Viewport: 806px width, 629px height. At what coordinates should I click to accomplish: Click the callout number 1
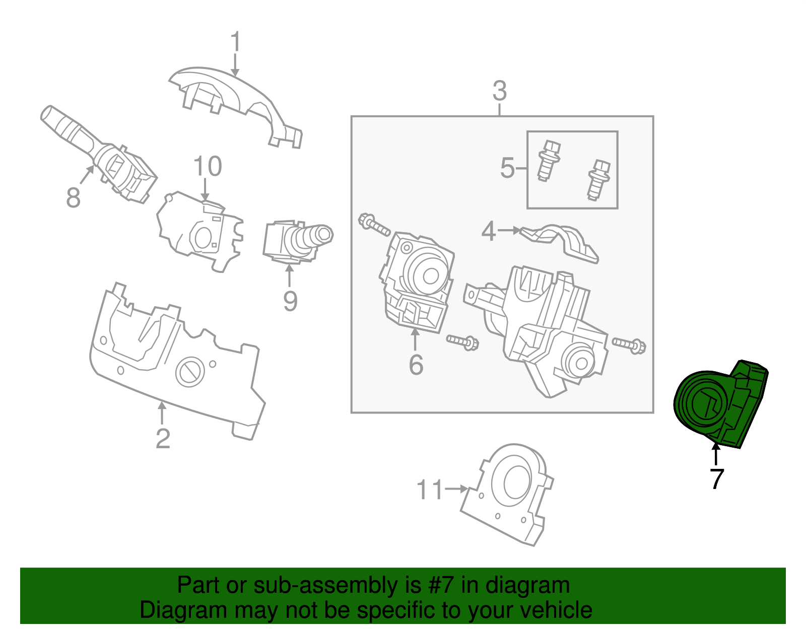[235, 42]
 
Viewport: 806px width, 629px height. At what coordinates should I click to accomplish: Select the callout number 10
[207, 167]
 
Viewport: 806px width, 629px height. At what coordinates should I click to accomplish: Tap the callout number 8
[73, 197]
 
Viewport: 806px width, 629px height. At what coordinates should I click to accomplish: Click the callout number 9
[290, 301]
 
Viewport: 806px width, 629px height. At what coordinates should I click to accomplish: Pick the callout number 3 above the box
[499, 92]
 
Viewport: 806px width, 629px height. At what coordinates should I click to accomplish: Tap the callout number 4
[489, 231]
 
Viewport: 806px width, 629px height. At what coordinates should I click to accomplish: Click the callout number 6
[416, 365]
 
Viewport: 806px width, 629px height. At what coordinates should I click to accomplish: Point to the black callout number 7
[716, 478]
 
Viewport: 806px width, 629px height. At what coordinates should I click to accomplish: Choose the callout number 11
[430, 490]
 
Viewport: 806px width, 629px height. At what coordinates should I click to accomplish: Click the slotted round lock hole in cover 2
[189, 372]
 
